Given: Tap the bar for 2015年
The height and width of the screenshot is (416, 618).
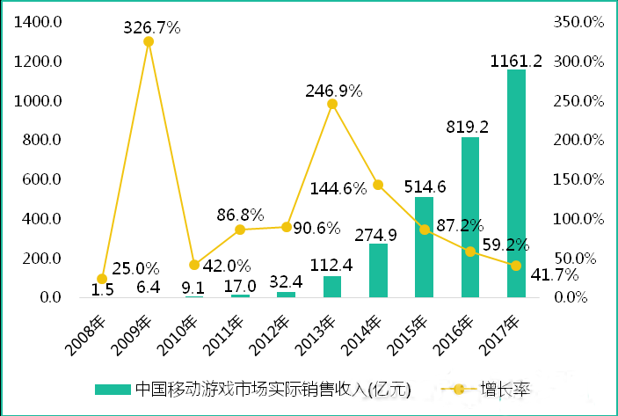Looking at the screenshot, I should [425, 247].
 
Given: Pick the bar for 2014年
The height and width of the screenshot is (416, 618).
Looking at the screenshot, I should [379, 270].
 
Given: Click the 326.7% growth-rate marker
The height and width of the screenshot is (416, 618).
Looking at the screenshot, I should [149, 41].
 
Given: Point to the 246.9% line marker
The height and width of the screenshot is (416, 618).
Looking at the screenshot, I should [332, 104].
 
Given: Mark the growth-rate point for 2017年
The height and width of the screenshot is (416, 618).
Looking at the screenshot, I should [516, 265].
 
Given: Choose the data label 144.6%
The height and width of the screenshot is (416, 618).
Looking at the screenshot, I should [339, 188].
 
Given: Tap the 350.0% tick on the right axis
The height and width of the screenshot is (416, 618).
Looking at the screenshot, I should [579, 22].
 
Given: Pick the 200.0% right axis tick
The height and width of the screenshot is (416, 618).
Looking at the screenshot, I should [579, 140].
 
